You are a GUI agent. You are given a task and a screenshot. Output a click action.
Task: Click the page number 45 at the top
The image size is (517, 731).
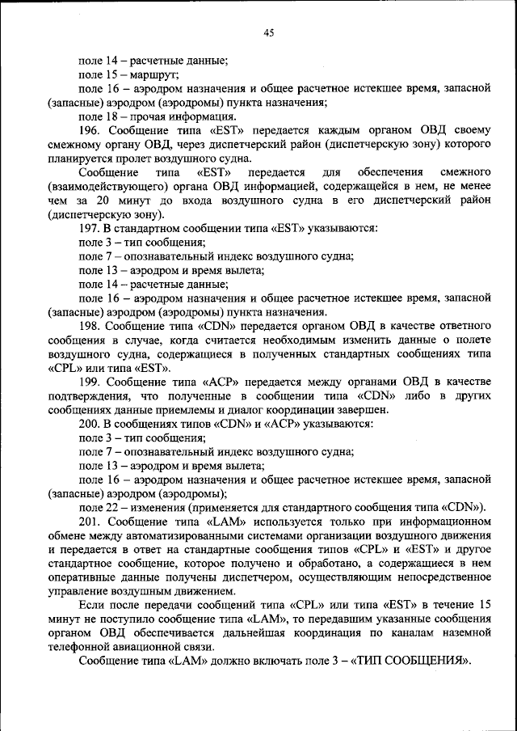pyautogui.click(x=269, y=33)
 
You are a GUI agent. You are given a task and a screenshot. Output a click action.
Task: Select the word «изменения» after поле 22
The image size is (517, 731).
pyautogui.click(x=155, y=508)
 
